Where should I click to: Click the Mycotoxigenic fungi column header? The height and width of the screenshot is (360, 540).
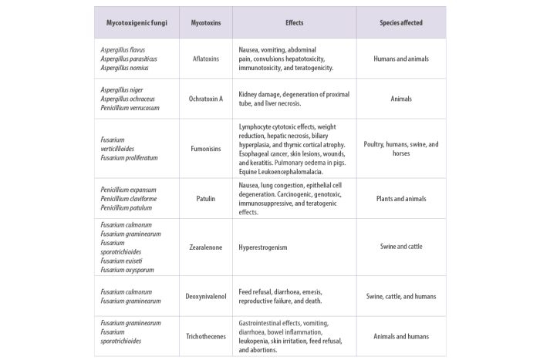[x=137, y=23]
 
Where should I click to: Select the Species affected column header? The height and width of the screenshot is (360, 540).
[x=401, y=22]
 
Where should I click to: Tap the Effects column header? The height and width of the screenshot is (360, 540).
[x=295, y=22]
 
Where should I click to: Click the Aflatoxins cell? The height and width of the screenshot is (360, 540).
[x=206, y=59]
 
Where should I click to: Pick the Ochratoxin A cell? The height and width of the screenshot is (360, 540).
[x=206, y=99]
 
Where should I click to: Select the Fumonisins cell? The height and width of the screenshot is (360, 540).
[x=206, y=149]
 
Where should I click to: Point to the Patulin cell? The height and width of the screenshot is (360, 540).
[x=206, y=199]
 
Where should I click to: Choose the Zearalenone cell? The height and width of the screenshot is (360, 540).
[x=206, y=247]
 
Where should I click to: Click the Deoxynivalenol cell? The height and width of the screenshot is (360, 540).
[x=206, y=296]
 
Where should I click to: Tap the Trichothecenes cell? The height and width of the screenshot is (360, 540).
[x=206, y=336]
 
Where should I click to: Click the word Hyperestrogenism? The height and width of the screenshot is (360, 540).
[x=263, y=247]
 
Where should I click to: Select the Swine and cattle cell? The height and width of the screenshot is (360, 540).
[x=401, y=247]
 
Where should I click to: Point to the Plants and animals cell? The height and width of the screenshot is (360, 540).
[x=401, y=199]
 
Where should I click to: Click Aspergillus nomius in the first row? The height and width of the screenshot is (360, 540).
[x=124, y=68]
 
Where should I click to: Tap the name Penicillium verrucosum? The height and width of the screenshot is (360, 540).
[x=130, y=108]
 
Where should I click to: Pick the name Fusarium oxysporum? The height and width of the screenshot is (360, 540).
[x=127, y=270]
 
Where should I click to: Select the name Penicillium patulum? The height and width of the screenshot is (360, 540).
[x=126, y=207]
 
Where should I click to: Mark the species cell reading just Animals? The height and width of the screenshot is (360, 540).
[x=401, y=99]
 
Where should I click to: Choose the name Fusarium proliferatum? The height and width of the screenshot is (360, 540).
[x=129, y=157]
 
